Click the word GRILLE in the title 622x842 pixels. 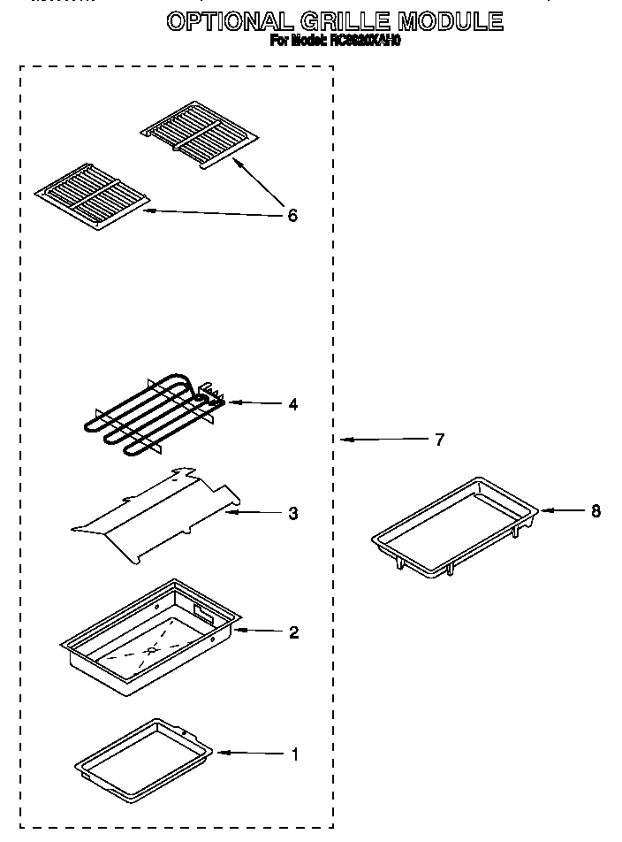coord(348,21)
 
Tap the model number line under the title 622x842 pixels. coord(335,41)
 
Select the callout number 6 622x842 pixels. coord(292,215)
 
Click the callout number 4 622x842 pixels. coord(292,404)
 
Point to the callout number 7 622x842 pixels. coord(439,439)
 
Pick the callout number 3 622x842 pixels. coord(292,513)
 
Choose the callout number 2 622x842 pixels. coord(293,632)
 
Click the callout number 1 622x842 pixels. coord(294,754)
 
